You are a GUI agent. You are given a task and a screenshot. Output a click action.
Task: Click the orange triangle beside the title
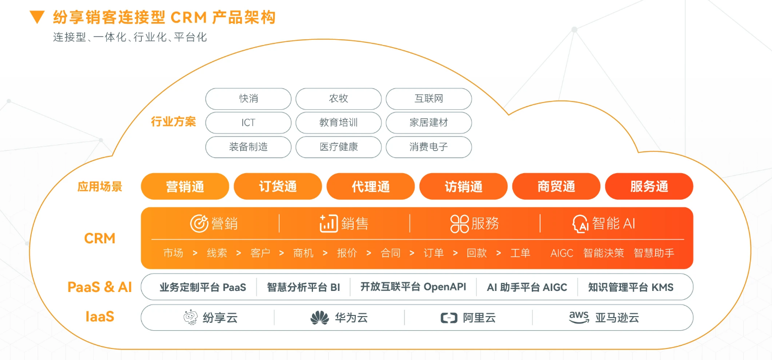pos(37,17)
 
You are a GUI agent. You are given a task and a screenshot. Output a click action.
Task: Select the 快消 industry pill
pos(248,99)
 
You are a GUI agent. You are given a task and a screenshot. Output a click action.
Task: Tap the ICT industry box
pos(248,123)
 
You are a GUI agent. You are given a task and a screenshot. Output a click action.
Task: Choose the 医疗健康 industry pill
pos(339,147)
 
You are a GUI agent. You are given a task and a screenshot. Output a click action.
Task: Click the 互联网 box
pos(429,99)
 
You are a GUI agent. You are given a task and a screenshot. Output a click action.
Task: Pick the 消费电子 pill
pos(429,147)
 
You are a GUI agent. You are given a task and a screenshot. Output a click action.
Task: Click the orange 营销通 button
pos(185,187)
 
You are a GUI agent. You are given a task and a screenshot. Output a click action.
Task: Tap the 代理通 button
pos(371,187)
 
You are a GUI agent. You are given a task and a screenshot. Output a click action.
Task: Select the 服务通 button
pos(649,187)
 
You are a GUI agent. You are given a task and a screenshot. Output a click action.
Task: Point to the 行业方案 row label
pos(173,122)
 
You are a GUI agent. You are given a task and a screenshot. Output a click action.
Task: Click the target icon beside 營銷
pos(199,223)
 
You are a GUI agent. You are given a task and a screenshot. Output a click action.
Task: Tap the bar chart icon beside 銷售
pos(329,223)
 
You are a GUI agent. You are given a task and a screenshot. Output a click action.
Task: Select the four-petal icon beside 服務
pos(459,224)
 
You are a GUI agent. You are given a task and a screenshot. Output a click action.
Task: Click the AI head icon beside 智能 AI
pos(581,224)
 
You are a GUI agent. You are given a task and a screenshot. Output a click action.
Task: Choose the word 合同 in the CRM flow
pos(390,253)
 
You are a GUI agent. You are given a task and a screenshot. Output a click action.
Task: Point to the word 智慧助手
pos(654,253)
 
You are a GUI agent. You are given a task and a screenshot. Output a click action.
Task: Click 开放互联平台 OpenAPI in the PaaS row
pos(413,287)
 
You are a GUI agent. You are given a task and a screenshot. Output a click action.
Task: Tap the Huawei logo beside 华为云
pos(319,318)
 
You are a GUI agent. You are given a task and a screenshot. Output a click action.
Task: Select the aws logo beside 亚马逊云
pos(579,317)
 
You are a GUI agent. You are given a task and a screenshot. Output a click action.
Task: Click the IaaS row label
pos(99,317)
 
